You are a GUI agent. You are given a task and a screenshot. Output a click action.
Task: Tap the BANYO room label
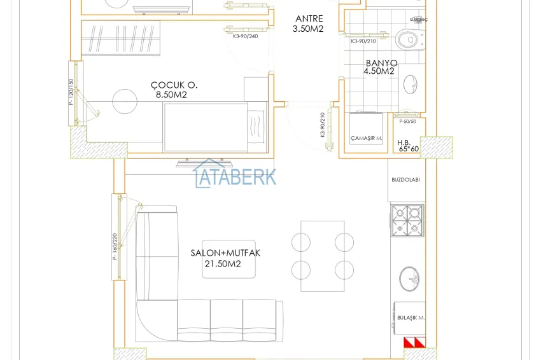(381, 64)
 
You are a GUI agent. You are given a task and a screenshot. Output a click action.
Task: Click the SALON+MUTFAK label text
(225, 253)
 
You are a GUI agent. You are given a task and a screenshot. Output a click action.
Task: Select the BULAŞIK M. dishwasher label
(411, 317)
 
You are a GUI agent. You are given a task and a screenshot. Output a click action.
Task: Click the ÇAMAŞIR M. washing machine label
(366, 138)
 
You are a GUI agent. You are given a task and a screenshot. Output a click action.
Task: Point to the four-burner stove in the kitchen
(407, 220)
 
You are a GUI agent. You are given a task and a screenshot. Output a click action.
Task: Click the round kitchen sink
(409, 277)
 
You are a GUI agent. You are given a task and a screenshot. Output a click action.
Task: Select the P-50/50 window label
(407, 121)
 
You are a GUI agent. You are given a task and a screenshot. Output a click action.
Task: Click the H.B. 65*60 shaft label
(408, 146)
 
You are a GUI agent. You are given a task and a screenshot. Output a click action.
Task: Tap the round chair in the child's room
(124, 100)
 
